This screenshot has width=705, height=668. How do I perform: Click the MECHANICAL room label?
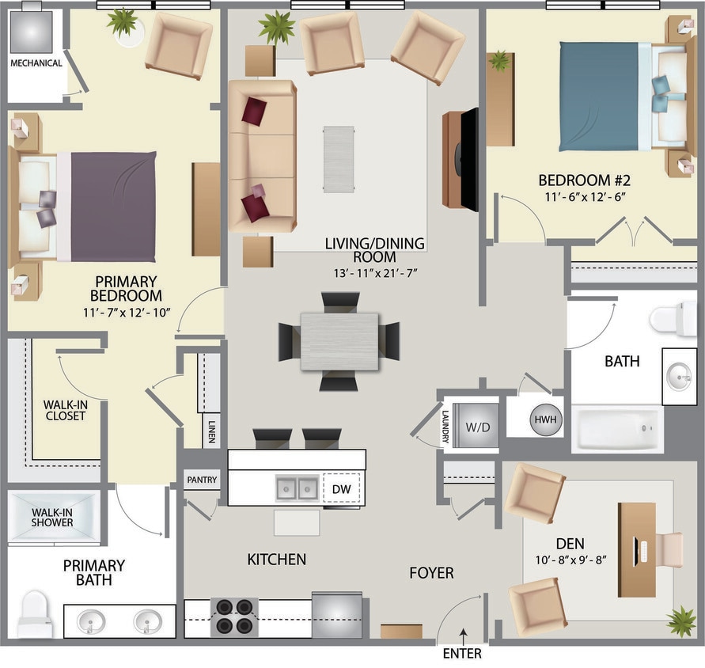click(x=36, y=63)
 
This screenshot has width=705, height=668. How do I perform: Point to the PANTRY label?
click(x=202, y=480)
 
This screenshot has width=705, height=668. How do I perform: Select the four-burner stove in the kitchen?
click(x=235, y=617)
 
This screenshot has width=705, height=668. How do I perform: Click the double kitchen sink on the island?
click(x=297, y=488)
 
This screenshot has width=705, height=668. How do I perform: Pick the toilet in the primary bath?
click(x=33, y=613)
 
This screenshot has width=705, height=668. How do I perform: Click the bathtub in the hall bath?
click(x=618, y=430)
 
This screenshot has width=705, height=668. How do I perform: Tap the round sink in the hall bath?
click(x=678, y=374)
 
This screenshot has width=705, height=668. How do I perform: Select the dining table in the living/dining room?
click(x=339, y=341)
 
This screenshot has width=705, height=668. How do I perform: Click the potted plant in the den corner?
click(x=680, y=621)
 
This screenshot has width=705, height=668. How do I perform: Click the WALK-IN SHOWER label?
click(x=52, y=517)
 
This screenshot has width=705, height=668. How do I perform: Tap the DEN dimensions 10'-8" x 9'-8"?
click(x=570, y=560)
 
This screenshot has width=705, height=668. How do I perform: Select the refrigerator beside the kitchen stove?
click(x=337, y=613)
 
